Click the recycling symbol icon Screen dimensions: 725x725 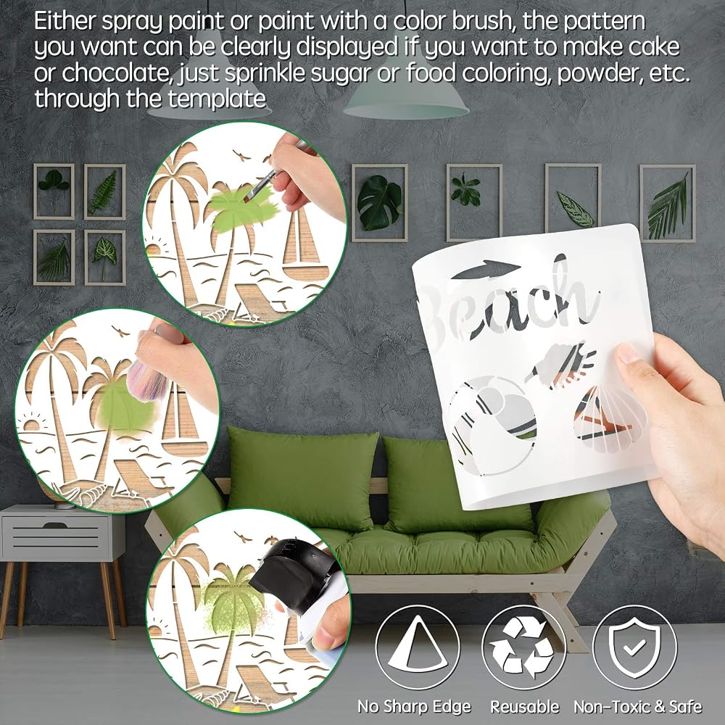[x=523, y=647]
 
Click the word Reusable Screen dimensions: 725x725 [x=524, y=706]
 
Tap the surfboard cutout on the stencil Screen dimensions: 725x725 [x=486, y=269]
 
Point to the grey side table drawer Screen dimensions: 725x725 [x=56, y=536]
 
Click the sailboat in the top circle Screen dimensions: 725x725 [x=305, y=245]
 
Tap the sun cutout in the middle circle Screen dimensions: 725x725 [x=33, y=424]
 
